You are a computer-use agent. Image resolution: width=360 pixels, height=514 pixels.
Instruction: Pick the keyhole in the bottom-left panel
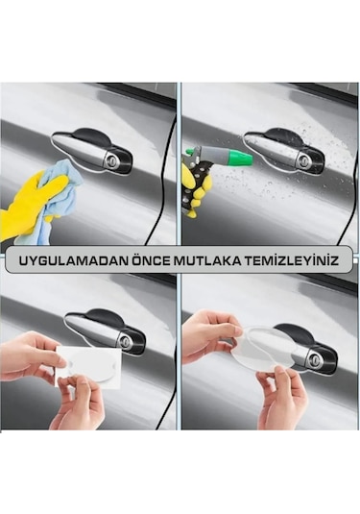125,341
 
